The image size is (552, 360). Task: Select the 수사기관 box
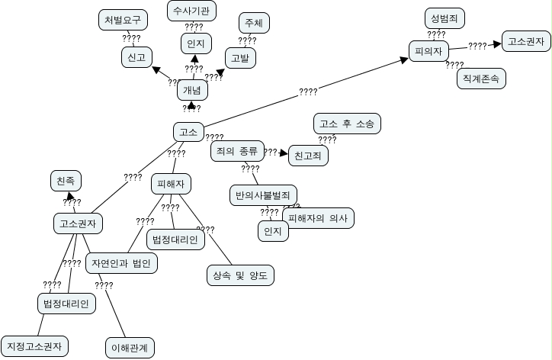pyautogui.click(x=192, y=11)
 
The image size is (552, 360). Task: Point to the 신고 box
pyautogui.click(x=136, y=56)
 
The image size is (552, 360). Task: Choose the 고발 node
pyautogui.click(x=240, y=57)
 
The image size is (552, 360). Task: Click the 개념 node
pyautogui.click(x=191, y=90)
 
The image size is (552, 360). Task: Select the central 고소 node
pyautogui.click(x=186, y=133)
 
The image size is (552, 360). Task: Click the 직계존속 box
pyautogui.click(x=480, y=78)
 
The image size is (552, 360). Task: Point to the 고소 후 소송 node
pyautogui.click(x=347, y=123)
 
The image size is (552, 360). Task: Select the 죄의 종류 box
pyautogui.click(x=237, y=150)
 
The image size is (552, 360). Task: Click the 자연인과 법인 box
pyautogui.click(x=122, y=263)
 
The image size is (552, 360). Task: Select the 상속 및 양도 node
pyautogui.click(x=239, y=275)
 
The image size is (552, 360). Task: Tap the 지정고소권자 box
pyautogui.click(x=35, y=345)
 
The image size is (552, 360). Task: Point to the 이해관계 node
pyautogui.click(x=129, y=348)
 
